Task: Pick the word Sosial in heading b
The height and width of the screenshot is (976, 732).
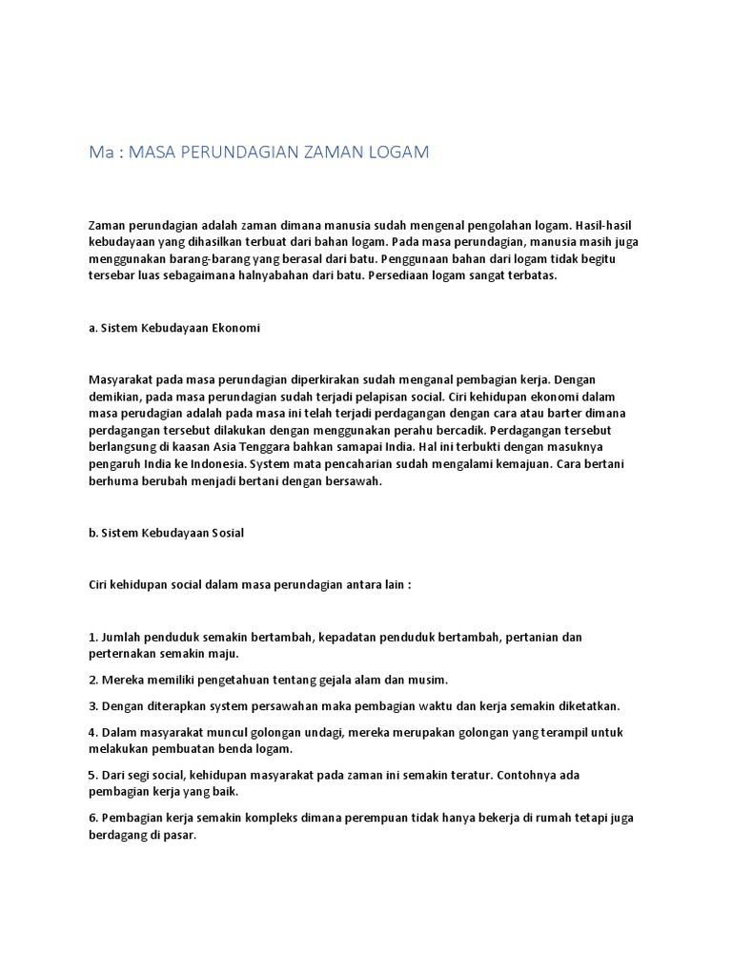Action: (225, 533)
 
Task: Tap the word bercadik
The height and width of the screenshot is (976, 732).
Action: (451, 430)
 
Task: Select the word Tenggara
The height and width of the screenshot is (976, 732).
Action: (277, 447)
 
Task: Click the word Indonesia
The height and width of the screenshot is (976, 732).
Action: (215, 464)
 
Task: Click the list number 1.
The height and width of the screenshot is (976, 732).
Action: (92, 637)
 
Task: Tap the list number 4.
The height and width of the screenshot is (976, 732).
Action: (92, 731)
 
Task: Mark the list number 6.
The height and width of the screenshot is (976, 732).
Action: (92, 817)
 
